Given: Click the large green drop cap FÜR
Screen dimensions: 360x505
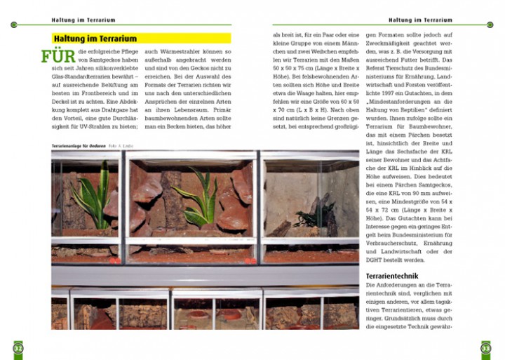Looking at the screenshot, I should point(58,56).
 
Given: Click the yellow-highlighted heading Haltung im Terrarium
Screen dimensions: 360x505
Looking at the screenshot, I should point(95,38).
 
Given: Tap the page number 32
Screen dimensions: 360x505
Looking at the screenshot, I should point(18,347).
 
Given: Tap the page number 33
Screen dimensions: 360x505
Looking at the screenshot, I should point(485,347).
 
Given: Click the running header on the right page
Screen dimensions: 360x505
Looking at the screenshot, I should point(420,20).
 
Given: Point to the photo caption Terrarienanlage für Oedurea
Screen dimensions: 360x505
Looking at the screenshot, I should point(79,145).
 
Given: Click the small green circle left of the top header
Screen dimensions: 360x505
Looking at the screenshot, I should point(15,25).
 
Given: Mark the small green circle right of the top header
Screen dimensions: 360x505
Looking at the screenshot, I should point(490,25).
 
